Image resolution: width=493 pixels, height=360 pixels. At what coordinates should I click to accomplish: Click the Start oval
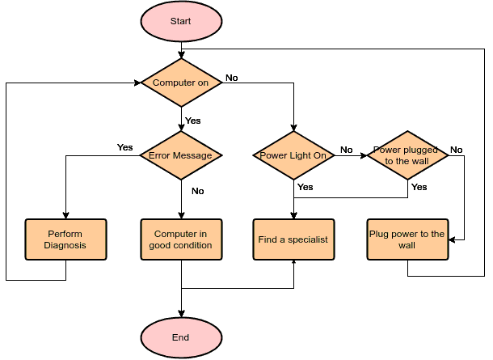(x=181, y=21)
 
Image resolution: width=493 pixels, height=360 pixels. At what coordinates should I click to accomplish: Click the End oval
(x=181, y=337)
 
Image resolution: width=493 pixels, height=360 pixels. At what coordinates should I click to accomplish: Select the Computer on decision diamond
(x=181, y=83)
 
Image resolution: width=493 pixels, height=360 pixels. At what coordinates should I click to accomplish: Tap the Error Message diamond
(x=181, y=155)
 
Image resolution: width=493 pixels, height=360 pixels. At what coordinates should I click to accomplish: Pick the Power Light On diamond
(x=293, y=155)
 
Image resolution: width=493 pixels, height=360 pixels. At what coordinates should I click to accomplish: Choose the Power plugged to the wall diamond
(x=407, y=155)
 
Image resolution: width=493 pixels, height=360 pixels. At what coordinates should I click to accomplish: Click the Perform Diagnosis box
(x=65, y=239)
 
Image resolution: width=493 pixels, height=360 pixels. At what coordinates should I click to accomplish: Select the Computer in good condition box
(x=181, y=239)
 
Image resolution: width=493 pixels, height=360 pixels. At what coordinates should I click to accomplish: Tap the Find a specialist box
(x=293, y=239)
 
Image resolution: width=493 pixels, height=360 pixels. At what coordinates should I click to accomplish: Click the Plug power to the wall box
(x=407, y=239)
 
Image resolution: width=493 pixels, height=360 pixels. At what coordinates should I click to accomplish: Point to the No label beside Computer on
(x=231, y=78)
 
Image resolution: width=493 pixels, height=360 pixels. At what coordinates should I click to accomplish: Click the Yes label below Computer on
(x=193, y=121)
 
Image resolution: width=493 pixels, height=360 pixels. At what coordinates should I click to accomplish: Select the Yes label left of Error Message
(x=124, y=147)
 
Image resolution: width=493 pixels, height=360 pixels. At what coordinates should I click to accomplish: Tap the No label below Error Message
(x=197, y=192)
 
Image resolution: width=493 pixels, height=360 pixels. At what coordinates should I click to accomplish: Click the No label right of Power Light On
(x=346, y=150)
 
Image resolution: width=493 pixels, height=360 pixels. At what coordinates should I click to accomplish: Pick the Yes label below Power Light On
(x=305, y=187)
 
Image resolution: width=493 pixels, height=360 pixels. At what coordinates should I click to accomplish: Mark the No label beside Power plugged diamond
(x=456, y=150)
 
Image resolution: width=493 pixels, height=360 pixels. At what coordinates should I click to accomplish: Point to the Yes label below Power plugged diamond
(x=419, y=187)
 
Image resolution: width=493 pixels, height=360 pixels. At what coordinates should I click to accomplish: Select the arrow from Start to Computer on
(x=181, y=49)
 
